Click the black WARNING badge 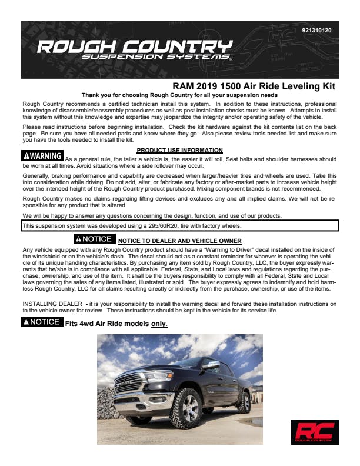[x=42, y=157]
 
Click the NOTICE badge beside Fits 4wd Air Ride [x=41, y=322]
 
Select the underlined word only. [x=159, y=324]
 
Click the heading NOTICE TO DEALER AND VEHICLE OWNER [x=179, y=241]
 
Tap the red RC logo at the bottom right [x=314, y=431]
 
